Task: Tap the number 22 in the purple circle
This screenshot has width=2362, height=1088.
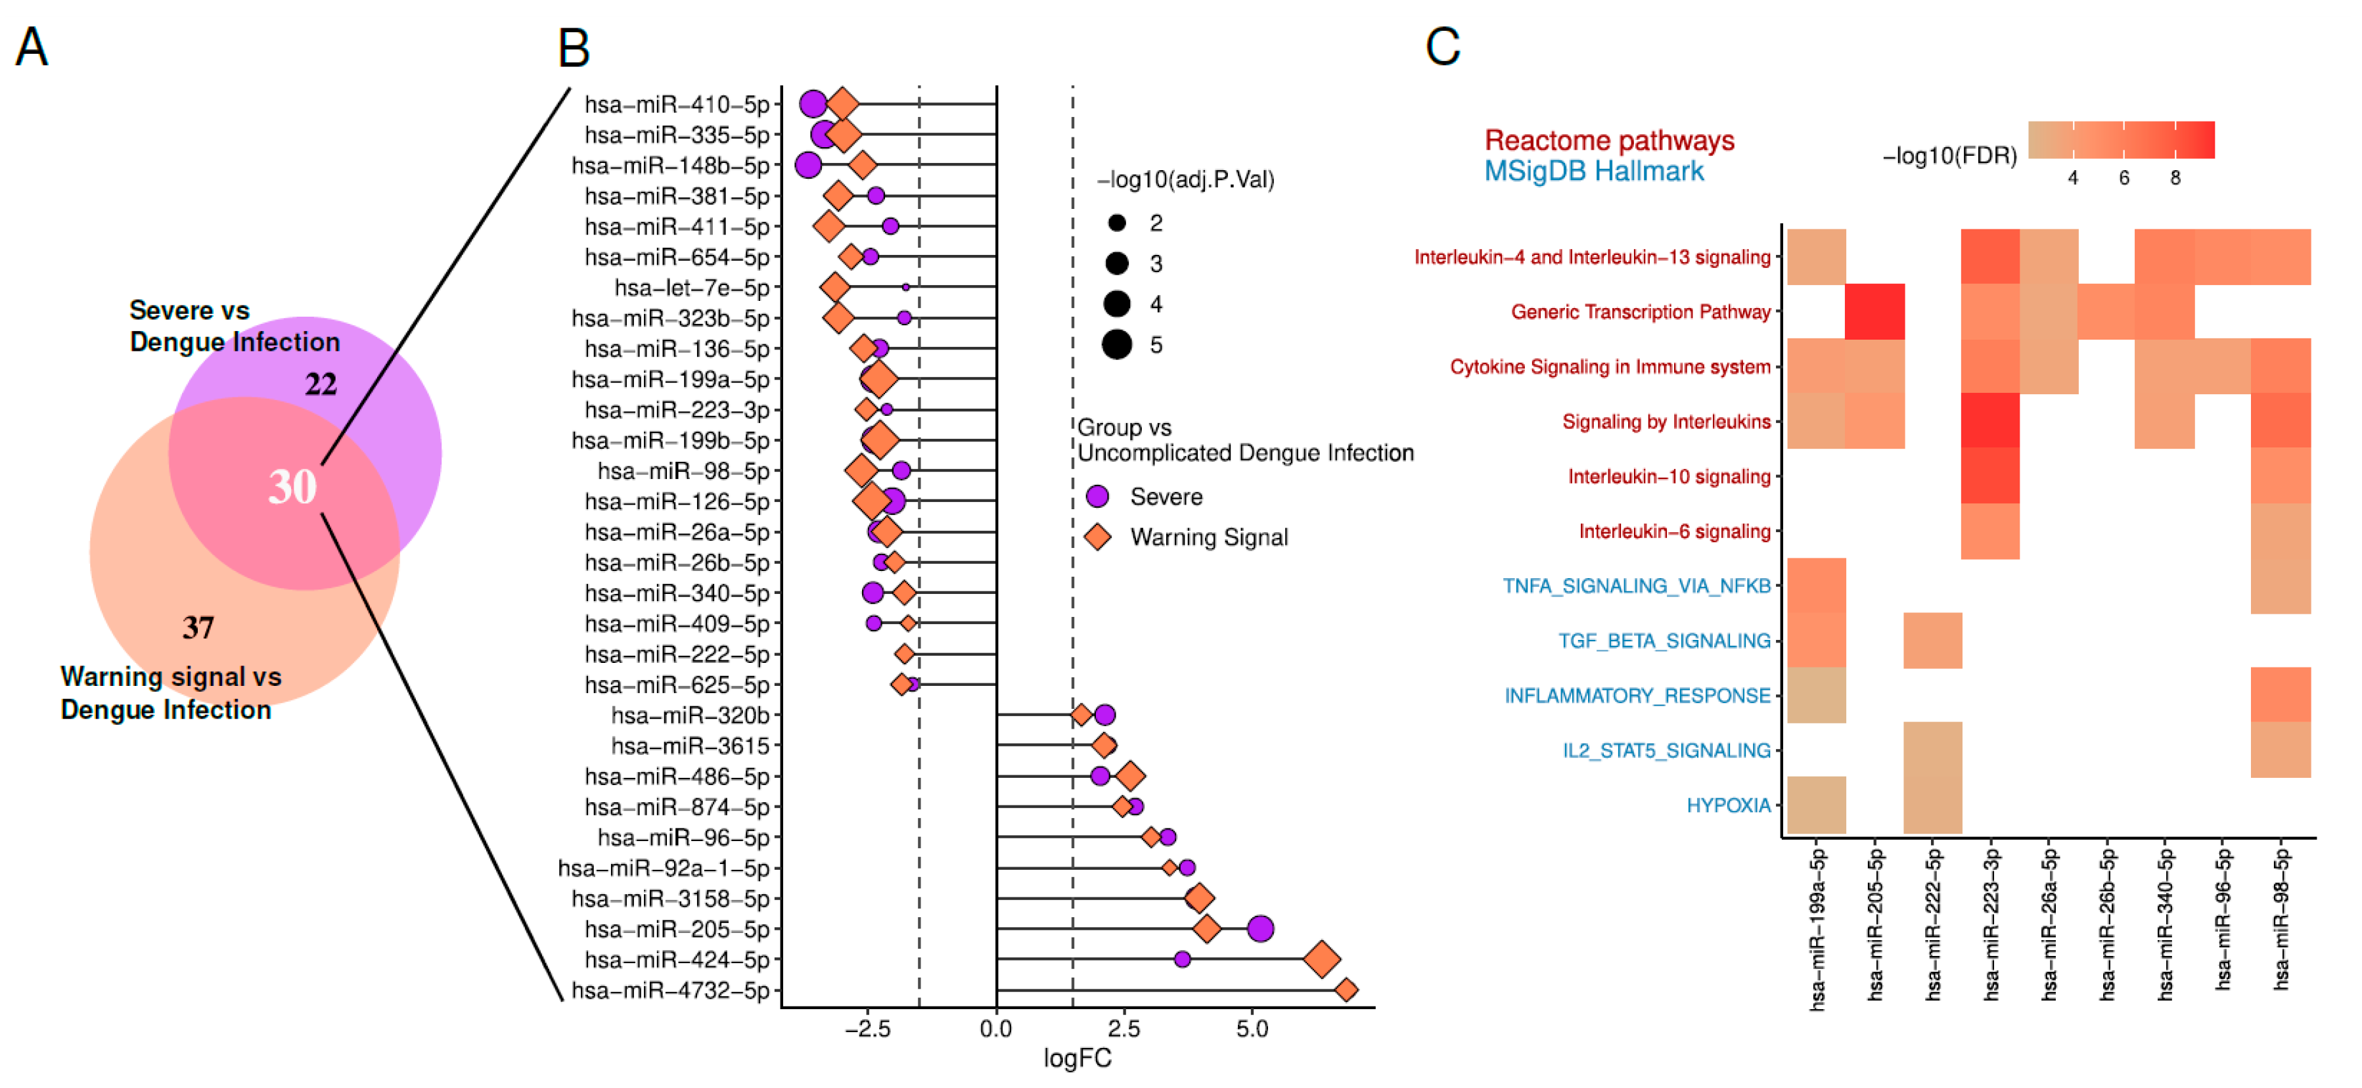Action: (321, 384)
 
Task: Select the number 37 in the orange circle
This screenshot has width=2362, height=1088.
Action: (198, 628)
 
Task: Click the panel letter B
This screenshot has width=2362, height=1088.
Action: (574, 48)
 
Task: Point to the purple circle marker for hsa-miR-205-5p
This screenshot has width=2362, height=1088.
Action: (1261, 928)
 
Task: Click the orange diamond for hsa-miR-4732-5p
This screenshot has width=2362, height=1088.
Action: (1346, 990)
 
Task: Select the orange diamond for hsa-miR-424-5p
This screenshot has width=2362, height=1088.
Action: (1321, 960)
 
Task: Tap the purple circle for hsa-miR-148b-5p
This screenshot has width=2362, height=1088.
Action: (808, 165)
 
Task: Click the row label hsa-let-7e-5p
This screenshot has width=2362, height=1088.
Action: (691, 288)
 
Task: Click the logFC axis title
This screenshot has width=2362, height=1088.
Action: (1078, 1058)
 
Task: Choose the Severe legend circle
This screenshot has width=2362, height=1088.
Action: (1098, 497)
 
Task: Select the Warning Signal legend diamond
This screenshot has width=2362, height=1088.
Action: (1098, 537)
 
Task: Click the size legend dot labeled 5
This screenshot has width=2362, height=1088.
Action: (1117, 345)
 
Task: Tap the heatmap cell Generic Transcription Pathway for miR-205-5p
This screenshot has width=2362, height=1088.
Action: (1874, 311)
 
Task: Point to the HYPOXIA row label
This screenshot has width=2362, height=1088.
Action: (1729, 805)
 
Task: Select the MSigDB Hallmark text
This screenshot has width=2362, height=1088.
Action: (1594, 171)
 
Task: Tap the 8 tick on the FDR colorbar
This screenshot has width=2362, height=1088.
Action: (2175, 178)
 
